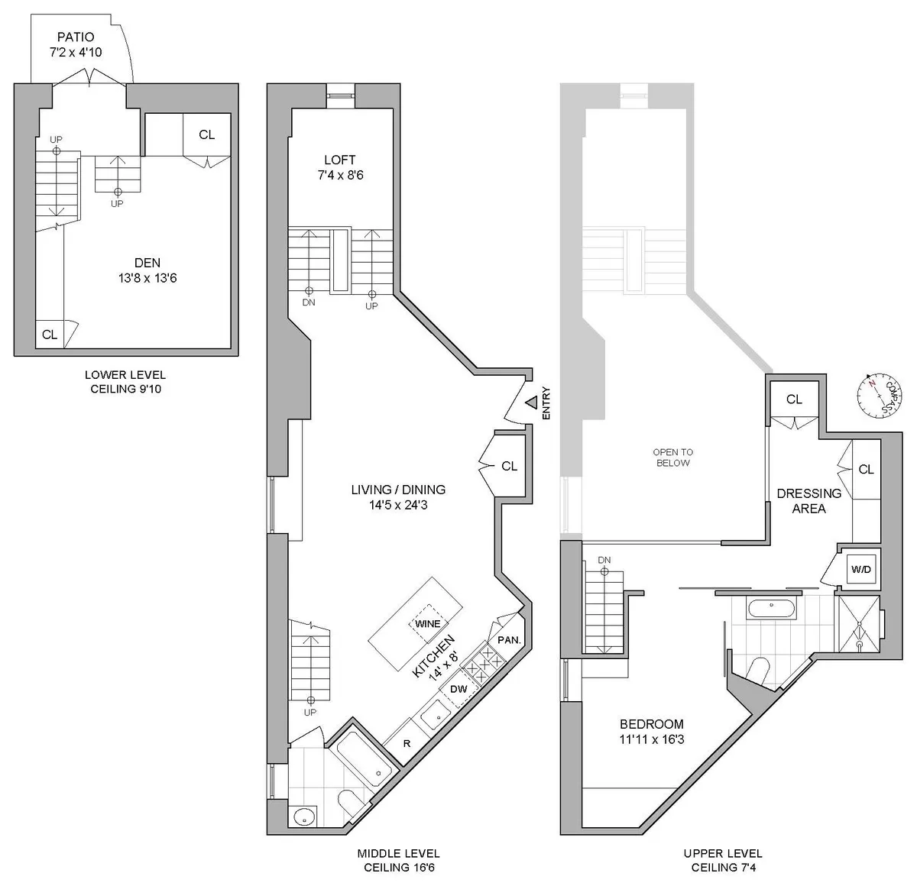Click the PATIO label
pos(75,37)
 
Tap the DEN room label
pos(147,263)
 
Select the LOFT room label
pos(339,160)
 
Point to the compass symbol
pos(876,395)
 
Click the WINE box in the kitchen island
pos(427,623)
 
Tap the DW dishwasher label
pos(458,689)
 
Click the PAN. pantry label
pos(509,639)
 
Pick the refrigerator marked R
pos(407,743)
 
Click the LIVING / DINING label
pos(398,490)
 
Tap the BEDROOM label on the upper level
pos(651,724)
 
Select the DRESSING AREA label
pos(808,500)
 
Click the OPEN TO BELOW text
pos(672,457)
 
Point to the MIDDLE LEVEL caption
pos(398,853)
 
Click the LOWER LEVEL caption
pos(125,375)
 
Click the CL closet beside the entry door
pos(509,466)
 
